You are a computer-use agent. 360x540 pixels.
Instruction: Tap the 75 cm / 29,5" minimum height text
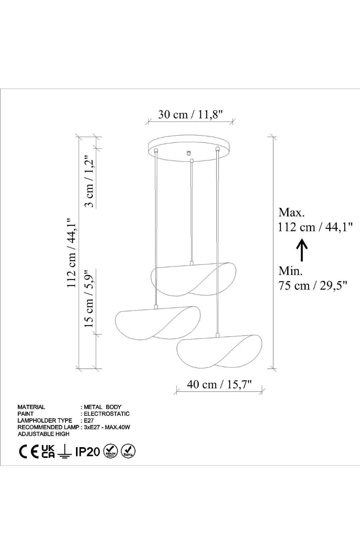tap(313, 286)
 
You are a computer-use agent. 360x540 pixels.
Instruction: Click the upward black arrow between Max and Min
tap(302, 250)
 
